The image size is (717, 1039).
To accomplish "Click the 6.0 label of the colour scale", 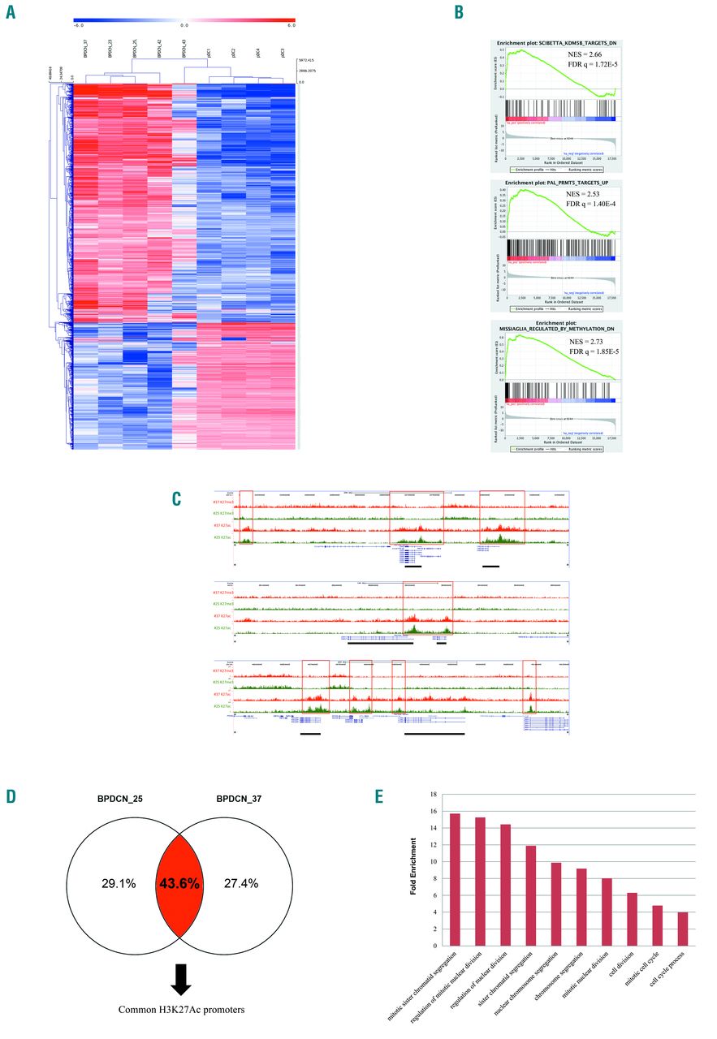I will (290, 26).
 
